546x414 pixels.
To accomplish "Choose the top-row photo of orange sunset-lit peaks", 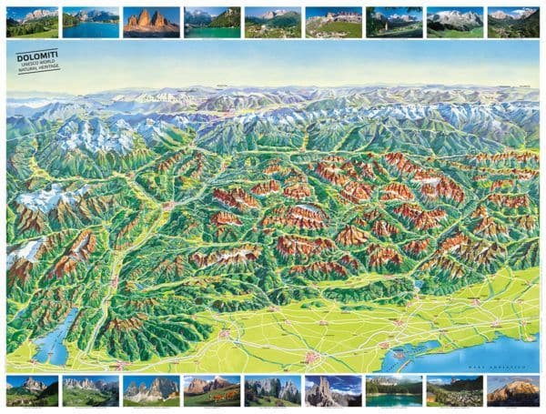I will tap(151, 23).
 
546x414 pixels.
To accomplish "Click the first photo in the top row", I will tap(32, 23).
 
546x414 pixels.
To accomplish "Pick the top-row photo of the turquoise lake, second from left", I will tap(91, 23).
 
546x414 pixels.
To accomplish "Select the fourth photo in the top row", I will tap(211, 23).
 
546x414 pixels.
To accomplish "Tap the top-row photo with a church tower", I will tap(393, 23).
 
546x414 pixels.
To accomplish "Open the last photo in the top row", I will tap(514, 23).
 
